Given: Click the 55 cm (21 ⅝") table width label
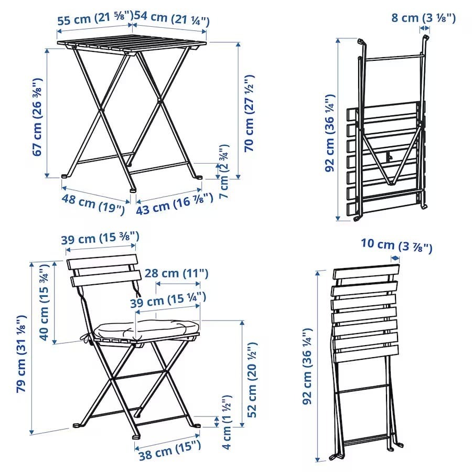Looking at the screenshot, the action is pyautogui.click(x=95, y=19).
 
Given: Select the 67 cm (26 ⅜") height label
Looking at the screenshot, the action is pyautogui.click(x=38, y=117).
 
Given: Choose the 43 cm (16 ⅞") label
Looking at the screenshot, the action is pyautogui.click(x=175, y=204).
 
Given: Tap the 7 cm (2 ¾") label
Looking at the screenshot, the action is pyautogui.click(x=224, y=171).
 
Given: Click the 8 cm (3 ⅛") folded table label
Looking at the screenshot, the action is pyautogui.click(x=424, y=18).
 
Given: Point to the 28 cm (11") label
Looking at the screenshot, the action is pyautogui.click(x=176, y=273).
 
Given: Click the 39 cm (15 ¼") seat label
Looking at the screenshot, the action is pyautogui.click(x=168, y=301).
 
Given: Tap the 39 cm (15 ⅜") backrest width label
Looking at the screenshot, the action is pyautogui.click(x=100, y=238).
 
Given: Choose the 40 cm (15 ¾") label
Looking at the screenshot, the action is pyautogui.click(x=44, y=303).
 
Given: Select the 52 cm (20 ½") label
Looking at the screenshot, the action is pyautogui.click(x=252, y=380).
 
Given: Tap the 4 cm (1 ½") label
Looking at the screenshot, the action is pyautogui.click(x=227, y=422).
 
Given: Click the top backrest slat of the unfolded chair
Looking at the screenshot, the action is pyautogui.click(x=102, y=262).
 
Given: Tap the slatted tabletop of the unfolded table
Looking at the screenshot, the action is pyautogui.click(x=132, y=44).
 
